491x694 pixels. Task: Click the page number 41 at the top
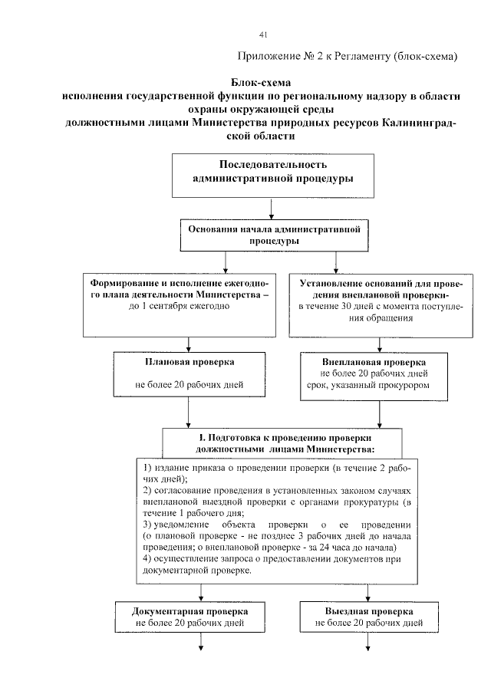pyautogui.click(x=263, y=35)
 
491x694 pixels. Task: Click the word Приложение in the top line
pyautogui.click(x=268, y=57)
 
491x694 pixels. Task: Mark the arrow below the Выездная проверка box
pyautogui.click(x=368, y=644)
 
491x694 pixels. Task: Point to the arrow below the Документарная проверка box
pyautogui.click(x=202, y=644)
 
